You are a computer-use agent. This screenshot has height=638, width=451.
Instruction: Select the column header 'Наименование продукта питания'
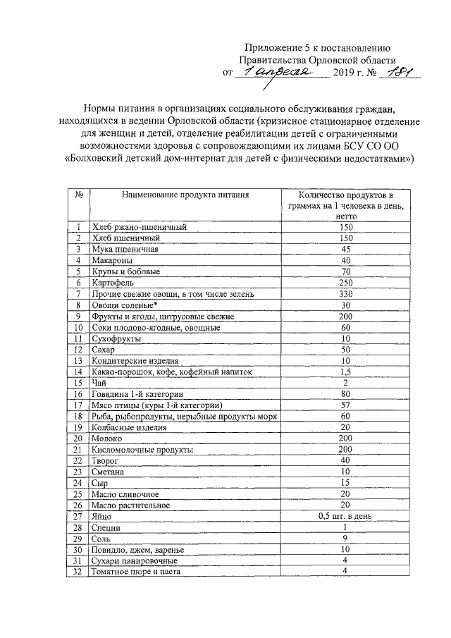tap(185, 194)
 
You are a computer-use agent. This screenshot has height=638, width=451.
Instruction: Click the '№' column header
tap(79, 194)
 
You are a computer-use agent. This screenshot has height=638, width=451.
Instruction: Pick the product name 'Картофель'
tap(113, 283)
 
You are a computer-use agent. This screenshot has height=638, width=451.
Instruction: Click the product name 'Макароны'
tap(112, 260)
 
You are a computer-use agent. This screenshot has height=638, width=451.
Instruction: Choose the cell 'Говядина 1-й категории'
tap(137, 393)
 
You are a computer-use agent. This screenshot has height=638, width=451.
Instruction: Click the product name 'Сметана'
tap(110, 471)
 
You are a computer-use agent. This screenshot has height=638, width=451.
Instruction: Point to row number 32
tap(79, 571)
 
